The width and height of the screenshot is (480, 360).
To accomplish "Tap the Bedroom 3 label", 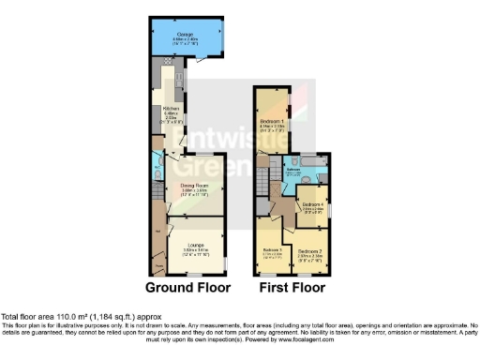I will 274,252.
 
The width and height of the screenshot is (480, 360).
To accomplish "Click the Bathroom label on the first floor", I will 293,172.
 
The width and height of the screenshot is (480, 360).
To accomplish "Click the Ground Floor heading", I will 187,287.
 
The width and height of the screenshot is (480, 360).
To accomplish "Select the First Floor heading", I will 292,287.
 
